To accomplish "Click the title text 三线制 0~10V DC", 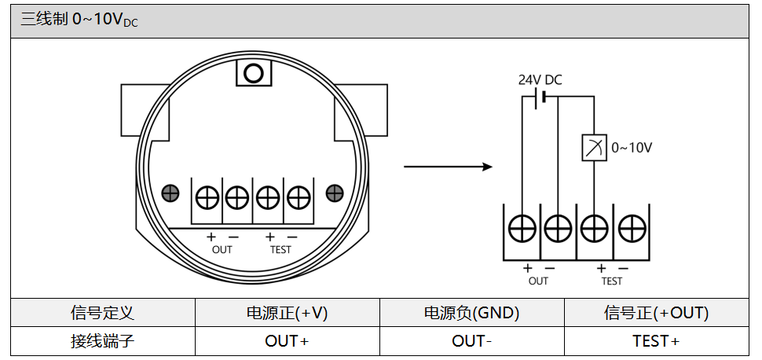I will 79,20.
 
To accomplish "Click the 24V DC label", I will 540,80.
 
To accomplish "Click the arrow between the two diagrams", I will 447,167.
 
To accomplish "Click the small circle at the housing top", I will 253,73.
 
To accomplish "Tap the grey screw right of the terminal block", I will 335,193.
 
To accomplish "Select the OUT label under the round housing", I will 222,249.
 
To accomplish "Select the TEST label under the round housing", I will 280,249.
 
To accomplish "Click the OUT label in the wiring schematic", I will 538,281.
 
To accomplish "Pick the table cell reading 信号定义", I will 102,313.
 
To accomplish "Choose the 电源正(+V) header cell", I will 287,313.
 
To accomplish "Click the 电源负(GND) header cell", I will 471,313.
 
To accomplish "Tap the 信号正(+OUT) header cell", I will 656,313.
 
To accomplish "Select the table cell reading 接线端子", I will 102,341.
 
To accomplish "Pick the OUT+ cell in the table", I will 287,341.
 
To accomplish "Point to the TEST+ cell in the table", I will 656,341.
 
